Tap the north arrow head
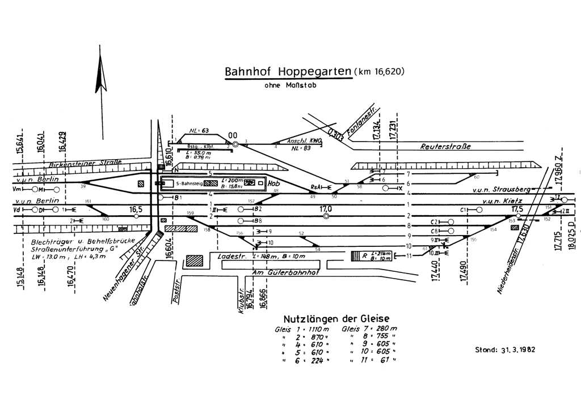pyautogui.click(x=102, y=80)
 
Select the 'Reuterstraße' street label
pyautogui.click(x=445, y=146)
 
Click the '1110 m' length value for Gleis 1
pyautogui.click(x=317, y=330)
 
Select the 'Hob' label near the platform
pyautogui.click(x=275, y=184)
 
